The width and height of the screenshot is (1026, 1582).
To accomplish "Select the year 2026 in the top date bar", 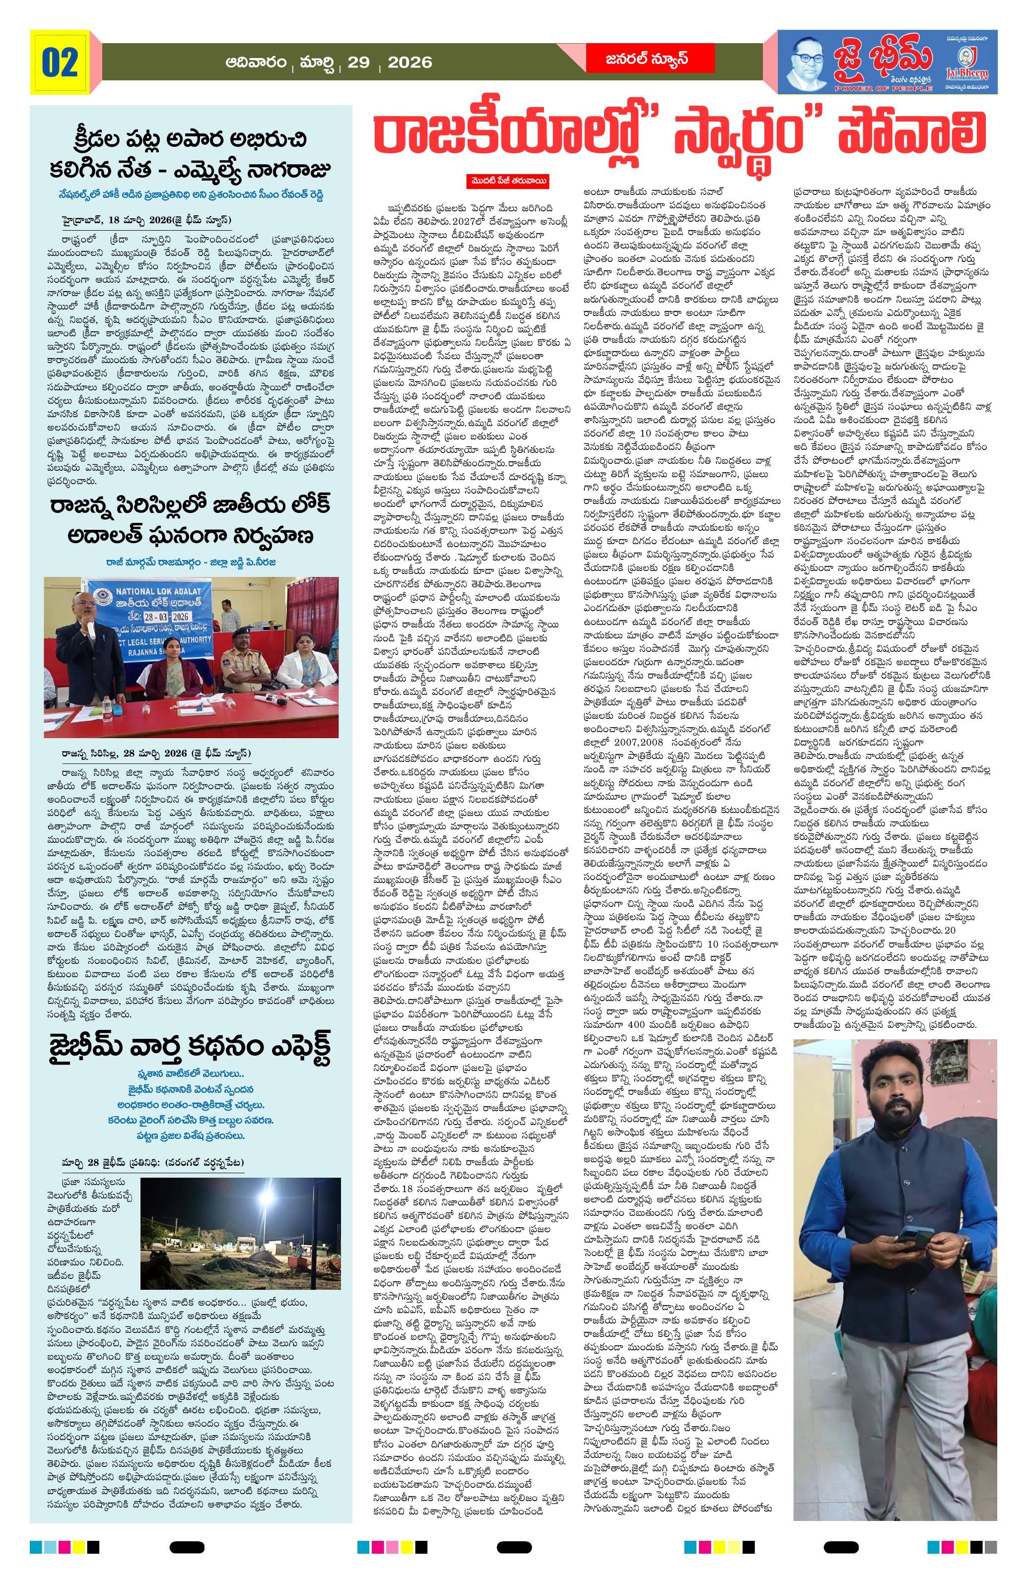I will click(410, 63).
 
